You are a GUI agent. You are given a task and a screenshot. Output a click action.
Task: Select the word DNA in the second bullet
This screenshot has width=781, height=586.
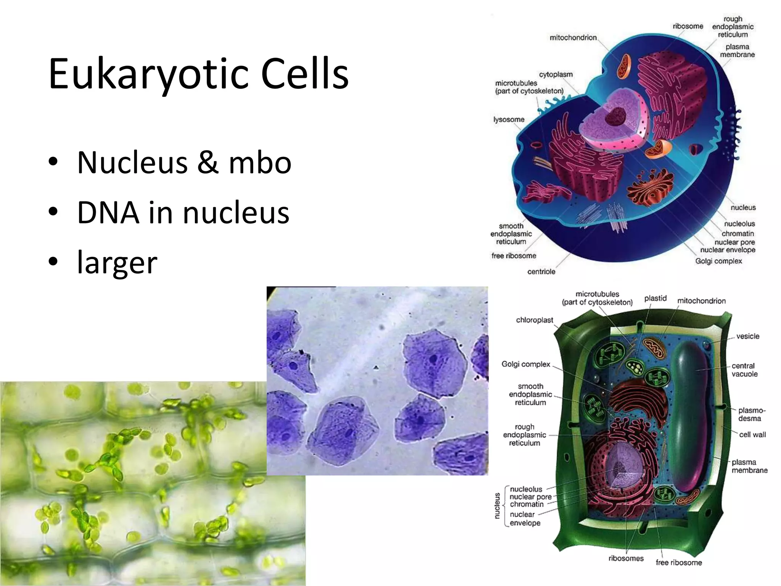(108, 213)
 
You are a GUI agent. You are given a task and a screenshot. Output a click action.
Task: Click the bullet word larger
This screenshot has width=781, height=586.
(117, 263)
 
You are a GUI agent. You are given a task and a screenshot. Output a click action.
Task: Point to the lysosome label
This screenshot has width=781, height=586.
(509, 119)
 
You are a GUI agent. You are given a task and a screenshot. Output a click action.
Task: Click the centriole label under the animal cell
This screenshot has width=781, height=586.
(541, 272)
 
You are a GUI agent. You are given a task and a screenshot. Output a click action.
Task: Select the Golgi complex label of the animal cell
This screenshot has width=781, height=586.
(718, 261)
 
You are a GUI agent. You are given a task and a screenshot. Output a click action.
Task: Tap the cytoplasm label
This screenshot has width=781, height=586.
(556, 74)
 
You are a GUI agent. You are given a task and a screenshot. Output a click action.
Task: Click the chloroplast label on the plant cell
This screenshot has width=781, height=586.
(534, 320)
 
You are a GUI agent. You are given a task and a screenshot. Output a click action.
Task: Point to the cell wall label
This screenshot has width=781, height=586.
(752, 435)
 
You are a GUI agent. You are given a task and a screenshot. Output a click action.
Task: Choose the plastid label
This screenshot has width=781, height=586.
(655, 298)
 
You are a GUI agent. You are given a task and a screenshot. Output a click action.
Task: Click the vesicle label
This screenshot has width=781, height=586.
(747, 336)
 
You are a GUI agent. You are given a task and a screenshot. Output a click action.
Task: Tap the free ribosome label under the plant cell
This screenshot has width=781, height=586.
(678, 562)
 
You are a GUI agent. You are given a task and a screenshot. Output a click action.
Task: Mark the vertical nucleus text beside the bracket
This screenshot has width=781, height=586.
(497, 506)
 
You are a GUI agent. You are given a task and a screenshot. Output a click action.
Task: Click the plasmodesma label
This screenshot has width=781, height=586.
(751, 414)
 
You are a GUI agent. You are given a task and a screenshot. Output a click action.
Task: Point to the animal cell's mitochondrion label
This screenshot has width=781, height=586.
(573, 37)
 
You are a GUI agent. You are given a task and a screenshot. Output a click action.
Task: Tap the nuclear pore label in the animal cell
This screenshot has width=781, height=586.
(734, 242)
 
